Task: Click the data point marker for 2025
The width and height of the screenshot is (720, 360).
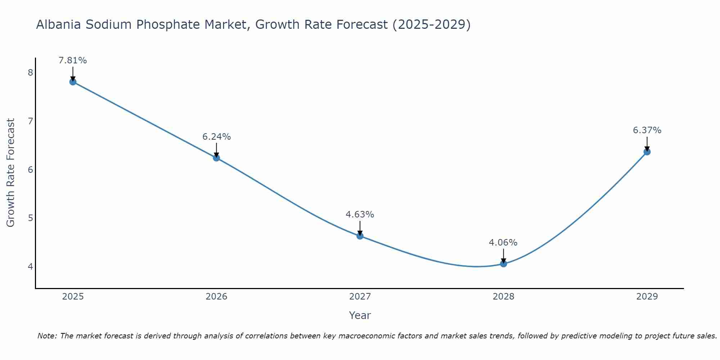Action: (73, 82)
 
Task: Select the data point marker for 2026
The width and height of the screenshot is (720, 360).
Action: (216, 158)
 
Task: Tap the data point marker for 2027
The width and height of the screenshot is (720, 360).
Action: (360, 236)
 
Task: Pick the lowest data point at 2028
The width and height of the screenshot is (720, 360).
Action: (503, 264)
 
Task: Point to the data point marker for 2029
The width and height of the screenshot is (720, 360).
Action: (647, 152)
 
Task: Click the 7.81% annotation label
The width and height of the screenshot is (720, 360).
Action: (73, 60)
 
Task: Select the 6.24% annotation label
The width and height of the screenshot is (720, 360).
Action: (216, 137)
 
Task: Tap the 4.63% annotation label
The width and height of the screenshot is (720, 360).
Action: (360, 215)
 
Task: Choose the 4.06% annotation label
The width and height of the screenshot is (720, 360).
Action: (503, 243)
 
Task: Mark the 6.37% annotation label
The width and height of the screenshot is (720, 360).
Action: (647, 130)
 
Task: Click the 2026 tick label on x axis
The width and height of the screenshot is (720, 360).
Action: (216, 297)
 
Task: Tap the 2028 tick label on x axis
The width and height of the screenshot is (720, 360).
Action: (503, 297)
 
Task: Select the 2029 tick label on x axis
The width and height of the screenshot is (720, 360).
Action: (647, 297)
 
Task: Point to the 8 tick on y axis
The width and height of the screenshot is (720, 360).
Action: (30, 73)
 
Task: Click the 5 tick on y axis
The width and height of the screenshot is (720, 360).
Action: (30, 218)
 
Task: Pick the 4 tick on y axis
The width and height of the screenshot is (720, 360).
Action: (30, 266)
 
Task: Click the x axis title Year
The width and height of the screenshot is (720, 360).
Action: (360, 315)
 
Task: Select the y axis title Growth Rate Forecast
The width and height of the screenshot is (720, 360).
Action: (11, 173)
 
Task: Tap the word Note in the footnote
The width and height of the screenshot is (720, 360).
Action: (47, 336)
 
